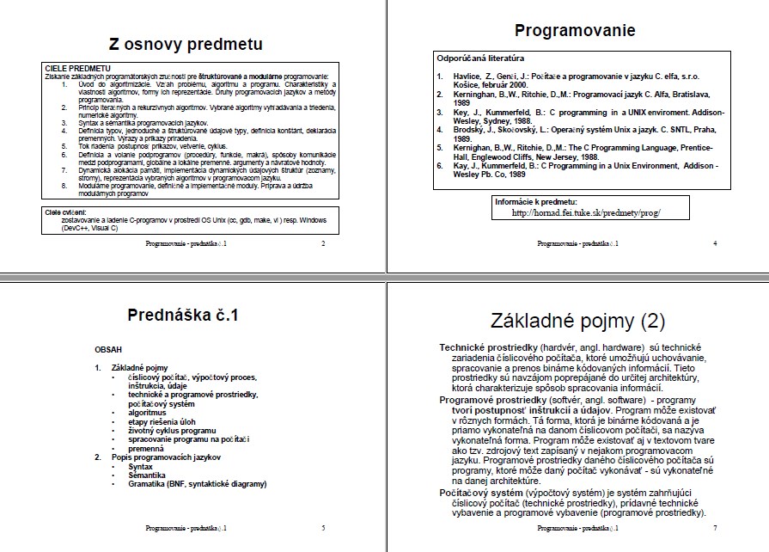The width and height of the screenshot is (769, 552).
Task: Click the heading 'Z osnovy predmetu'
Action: click(186, 44)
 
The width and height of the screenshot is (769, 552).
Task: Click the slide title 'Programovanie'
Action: click(575, 31)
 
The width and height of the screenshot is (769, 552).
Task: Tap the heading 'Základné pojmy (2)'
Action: click(577, 322)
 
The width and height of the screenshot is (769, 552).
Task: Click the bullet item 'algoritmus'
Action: click(147, 413)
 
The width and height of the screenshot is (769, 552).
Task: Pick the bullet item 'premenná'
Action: click(145, 448)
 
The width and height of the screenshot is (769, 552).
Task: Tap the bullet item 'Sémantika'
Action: click(147, 475)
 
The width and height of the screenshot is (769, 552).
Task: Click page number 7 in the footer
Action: click(715, 531)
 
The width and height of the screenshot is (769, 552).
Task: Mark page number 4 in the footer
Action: click(715, 243)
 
